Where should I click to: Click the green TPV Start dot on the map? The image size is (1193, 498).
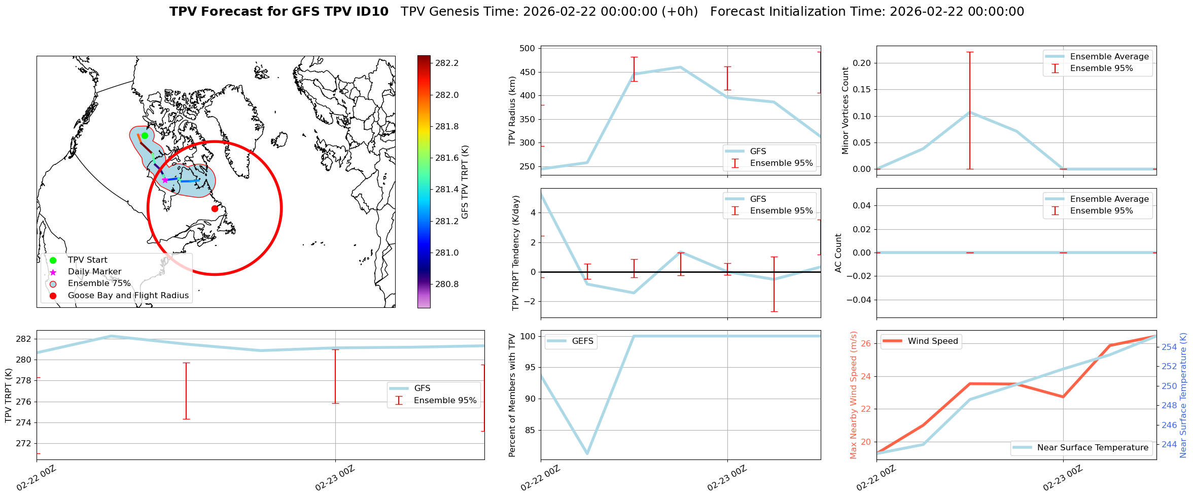(x=145, y=135)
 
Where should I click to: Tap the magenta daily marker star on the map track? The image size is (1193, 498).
(x=165, y=180)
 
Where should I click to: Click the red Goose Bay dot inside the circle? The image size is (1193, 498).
(x=215, y=208)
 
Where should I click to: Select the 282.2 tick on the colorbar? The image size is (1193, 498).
(x=447, y=63)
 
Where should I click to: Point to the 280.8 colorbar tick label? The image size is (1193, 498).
(x=447, y=284)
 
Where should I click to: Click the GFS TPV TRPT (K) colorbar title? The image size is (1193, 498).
(x=465, y=182)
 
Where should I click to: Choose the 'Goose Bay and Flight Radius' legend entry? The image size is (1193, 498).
(x=128, y=296)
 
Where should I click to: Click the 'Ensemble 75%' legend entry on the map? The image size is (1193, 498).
(x=99, y=283)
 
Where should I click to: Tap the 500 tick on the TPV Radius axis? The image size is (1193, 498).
(x=528, y=49)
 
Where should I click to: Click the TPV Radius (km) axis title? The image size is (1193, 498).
(x=512, y=111)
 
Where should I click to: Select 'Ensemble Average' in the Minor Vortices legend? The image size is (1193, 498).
(x=1109, y=57)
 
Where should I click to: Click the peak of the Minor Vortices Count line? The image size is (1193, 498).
(x=970, y=112)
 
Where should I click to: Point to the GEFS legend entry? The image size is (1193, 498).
(x=582, y=341)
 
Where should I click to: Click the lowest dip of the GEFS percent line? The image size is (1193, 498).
(x=587, y=453)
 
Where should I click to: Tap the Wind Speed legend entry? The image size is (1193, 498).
(x=933, y=341)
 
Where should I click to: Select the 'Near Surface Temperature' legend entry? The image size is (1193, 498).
(x=1093, y=448)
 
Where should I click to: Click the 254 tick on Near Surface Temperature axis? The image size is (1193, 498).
(x=1169, y=347)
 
